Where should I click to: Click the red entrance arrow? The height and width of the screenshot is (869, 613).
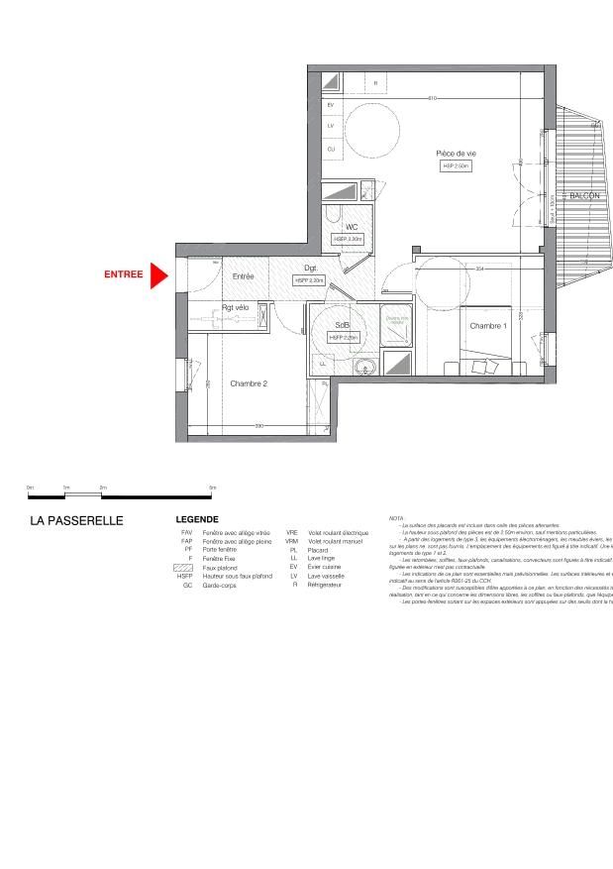[158, 275]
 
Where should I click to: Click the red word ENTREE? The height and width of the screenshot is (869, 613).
[124, 274]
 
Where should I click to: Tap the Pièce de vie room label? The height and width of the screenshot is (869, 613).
[457, 153]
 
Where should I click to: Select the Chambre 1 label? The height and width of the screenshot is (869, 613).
[487, 326]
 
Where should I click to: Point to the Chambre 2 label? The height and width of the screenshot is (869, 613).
[249, 383]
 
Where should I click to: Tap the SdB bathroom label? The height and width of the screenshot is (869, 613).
[342, 325]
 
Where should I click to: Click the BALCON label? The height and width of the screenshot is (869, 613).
[584, 196]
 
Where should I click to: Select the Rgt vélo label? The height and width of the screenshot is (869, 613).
[236, 308]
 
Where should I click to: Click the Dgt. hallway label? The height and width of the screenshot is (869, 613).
[310, 269]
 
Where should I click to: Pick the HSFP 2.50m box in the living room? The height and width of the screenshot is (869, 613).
[457, 166]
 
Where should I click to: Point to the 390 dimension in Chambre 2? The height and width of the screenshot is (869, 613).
[259, 426]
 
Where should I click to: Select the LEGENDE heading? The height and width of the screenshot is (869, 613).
[197, 519]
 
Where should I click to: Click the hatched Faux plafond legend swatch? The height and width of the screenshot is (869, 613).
[186, 568]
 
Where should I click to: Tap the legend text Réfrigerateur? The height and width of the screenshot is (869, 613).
[329, 586]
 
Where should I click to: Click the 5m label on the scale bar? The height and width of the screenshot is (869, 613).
[212, 489]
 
